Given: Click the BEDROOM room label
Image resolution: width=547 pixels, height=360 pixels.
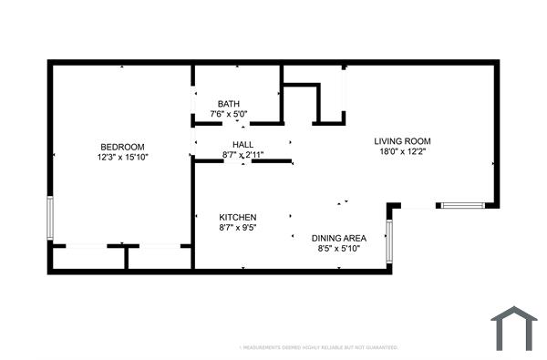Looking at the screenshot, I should pyautogui.click(x=122, y=147).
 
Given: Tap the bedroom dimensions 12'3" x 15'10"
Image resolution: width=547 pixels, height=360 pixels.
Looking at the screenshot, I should pyautogui.click(x=122, y=158).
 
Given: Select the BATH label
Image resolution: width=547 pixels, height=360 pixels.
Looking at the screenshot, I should pyautogui.click(x=229, y=103).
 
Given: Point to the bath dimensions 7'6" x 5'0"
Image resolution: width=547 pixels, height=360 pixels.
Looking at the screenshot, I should pyautogui.click(x=229, y=114).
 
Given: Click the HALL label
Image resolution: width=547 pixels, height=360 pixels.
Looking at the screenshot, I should pyautogui.click(x=243, y=145).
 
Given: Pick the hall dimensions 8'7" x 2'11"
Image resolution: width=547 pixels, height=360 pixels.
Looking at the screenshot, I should pyautogui.click(x=243, y=156).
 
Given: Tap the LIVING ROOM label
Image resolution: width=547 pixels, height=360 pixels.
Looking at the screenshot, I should pyautogui.click(x=402, y=141).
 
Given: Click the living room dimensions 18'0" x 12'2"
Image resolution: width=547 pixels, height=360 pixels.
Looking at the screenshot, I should pyautogui.click(x=402, y=152).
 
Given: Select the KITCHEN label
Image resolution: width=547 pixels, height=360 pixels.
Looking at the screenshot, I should pyautogui.click(x=238, y=217).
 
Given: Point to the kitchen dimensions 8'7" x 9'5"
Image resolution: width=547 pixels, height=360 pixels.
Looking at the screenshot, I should pyautogui.click(x=238, y=228).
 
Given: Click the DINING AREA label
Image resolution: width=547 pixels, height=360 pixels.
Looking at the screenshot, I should pyautogui.click(x=339, y=237).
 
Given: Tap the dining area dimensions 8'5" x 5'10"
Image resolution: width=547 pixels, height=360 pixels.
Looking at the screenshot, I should pyautogui.click(x=339, y=248).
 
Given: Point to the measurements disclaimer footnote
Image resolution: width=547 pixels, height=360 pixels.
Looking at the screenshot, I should pyautogui.click(x=318, y=347).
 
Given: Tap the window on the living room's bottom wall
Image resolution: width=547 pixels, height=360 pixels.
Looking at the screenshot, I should pyautogui.click(x=462, y=206).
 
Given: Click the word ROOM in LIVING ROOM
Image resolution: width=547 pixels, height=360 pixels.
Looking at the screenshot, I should pyautogui.click(x=417, y=141).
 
